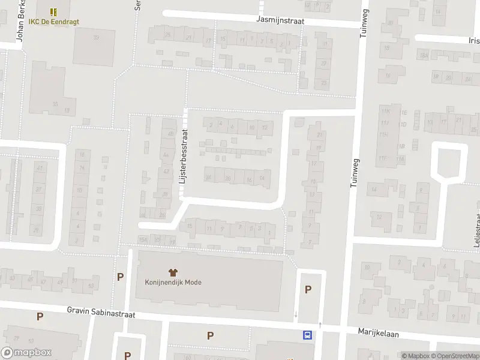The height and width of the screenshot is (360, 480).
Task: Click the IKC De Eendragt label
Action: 53,22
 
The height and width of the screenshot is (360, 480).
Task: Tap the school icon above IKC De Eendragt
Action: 53,11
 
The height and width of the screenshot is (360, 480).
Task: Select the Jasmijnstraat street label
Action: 280,20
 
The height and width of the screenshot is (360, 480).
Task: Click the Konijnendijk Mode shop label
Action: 173,283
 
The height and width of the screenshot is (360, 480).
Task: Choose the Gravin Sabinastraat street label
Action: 101,314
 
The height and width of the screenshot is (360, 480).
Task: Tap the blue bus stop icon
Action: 308,335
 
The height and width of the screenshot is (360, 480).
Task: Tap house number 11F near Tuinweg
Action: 382,158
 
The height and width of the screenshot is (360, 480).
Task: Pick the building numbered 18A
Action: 424,56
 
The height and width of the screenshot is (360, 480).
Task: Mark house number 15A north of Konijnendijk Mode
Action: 143,239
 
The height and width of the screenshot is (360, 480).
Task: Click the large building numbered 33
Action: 55,104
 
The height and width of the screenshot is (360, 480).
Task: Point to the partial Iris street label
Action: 475,41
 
